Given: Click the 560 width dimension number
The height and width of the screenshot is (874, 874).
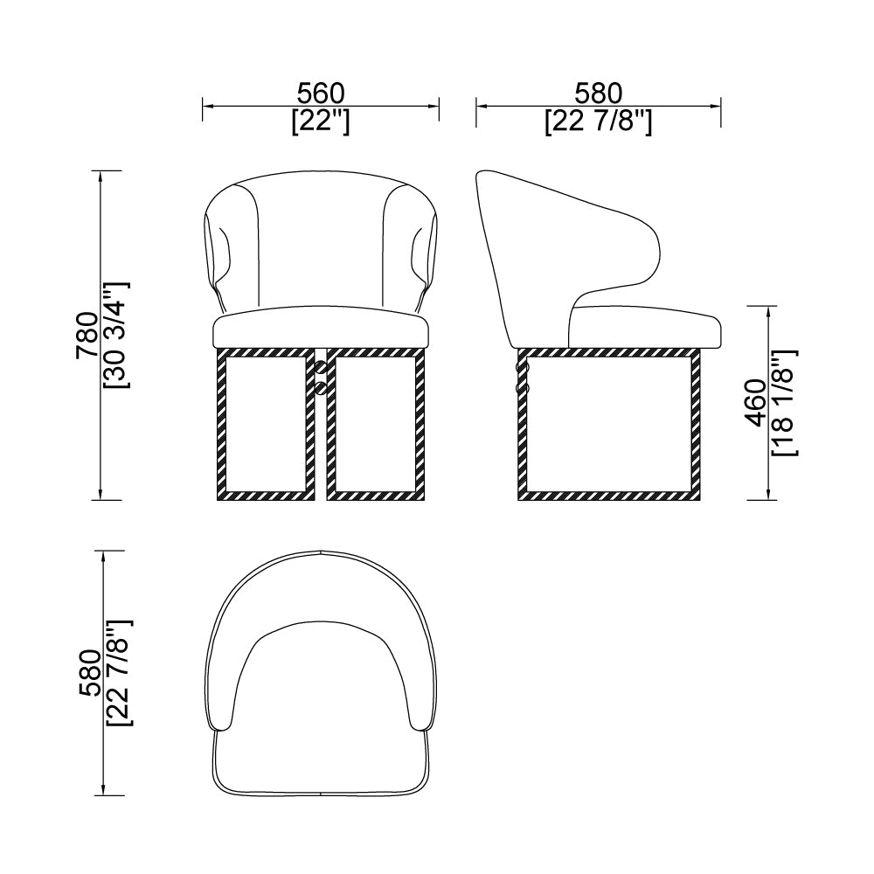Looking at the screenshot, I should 321,93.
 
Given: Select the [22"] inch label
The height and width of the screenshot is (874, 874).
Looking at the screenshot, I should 321,121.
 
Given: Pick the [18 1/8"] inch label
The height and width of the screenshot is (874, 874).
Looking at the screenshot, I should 784,402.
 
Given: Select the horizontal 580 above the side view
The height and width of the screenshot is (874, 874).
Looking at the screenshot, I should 598,93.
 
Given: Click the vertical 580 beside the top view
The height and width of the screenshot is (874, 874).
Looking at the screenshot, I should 89,673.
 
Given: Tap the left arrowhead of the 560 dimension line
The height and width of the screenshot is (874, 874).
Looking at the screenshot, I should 207,108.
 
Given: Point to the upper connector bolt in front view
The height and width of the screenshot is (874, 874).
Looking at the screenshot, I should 321,370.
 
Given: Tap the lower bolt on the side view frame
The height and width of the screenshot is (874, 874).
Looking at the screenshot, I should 524,385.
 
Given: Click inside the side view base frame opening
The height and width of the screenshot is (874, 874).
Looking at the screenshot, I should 610,424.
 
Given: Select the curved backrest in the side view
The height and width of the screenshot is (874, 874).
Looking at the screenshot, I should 524,245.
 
